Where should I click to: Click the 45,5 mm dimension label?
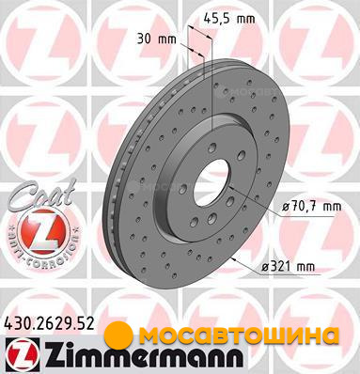229,18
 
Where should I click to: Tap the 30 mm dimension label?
157,39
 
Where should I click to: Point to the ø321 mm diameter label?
288,267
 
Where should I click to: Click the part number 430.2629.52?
50,323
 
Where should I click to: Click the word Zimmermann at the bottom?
143,355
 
